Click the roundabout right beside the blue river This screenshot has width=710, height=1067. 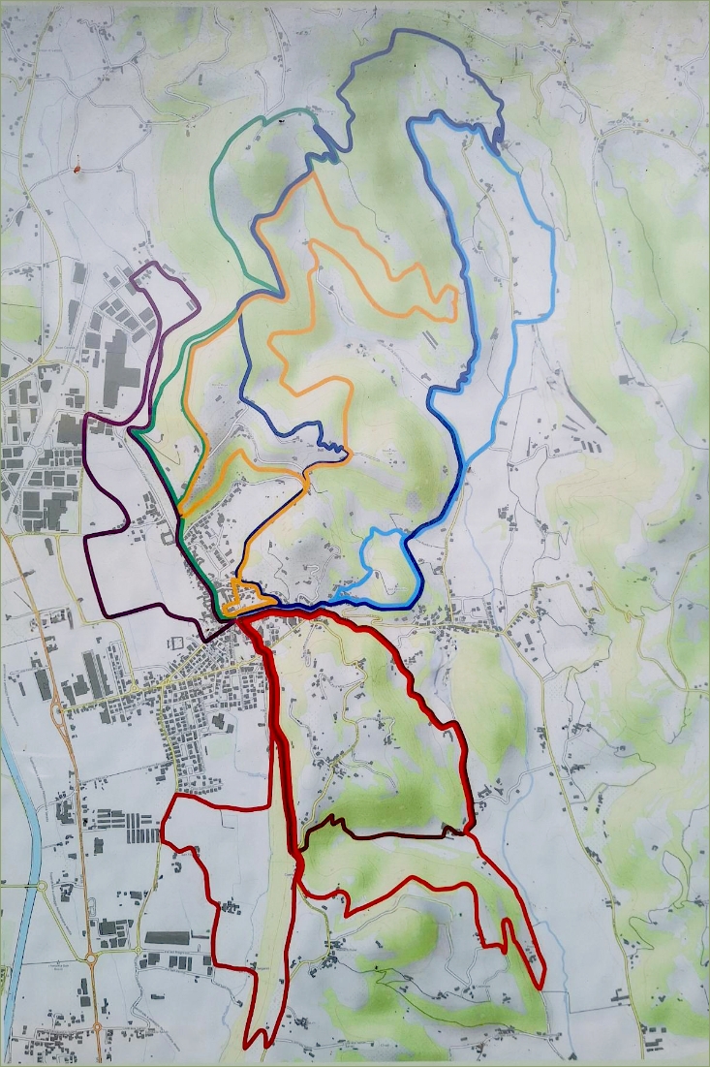pos(39,884)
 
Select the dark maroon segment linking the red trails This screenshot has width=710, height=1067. pos(387,834)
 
